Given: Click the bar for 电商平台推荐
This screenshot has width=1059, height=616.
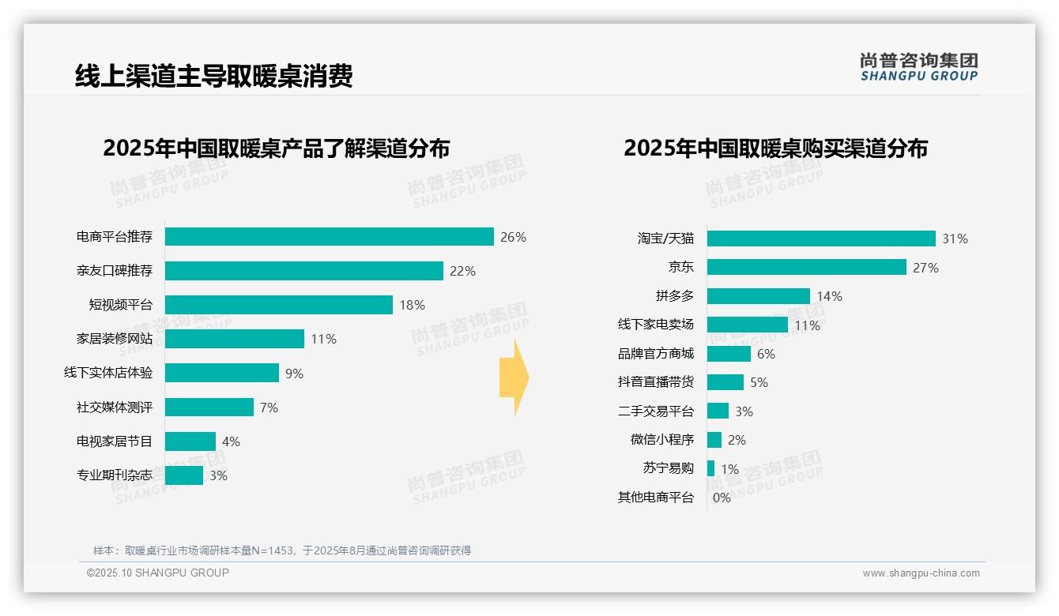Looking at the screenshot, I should [x=330, y=237].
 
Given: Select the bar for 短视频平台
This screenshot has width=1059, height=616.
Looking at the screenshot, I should [x=279, y=305].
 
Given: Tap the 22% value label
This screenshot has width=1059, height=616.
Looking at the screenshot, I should [x=462, y=271].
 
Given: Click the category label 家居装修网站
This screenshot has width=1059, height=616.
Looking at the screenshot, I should [x=115, y=339].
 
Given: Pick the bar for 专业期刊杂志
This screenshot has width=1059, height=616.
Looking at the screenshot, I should [x=184, y=475].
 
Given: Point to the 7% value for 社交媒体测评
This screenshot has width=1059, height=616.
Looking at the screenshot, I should [x=269, y=408].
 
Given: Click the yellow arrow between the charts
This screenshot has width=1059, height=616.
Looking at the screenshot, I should [x=514, y=378].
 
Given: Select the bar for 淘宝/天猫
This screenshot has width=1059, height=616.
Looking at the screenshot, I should [x=821, y=239].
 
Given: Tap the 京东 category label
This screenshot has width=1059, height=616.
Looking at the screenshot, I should [x=680, y=268].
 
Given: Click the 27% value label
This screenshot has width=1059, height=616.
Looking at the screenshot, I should [x=925, y=268].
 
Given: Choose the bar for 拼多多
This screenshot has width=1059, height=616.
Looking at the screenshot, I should [x=759, y=296].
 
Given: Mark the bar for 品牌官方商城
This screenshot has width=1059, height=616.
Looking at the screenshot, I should [x=729, y=354].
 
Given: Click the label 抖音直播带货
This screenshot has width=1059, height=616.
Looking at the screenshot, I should [x=655, y=382].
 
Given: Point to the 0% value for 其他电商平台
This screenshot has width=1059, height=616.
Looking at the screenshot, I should [x=722, y=498].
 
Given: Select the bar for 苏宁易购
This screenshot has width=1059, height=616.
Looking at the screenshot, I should [x=710, y=468].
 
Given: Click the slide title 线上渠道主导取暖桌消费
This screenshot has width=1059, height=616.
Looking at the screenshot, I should [x=213, y=76].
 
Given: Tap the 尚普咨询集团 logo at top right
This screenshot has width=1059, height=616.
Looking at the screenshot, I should [x=919, y=66].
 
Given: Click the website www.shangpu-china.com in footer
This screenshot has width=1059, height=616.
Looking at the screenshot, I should [x=921, y=573].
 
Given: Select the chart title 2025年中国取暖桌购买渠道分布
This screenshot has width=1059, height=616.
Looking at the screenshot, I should [x=775, y=148].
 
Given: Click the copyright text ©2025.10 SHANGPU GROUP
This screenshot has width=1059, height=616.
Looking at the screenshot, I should [x=158, y=573].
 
